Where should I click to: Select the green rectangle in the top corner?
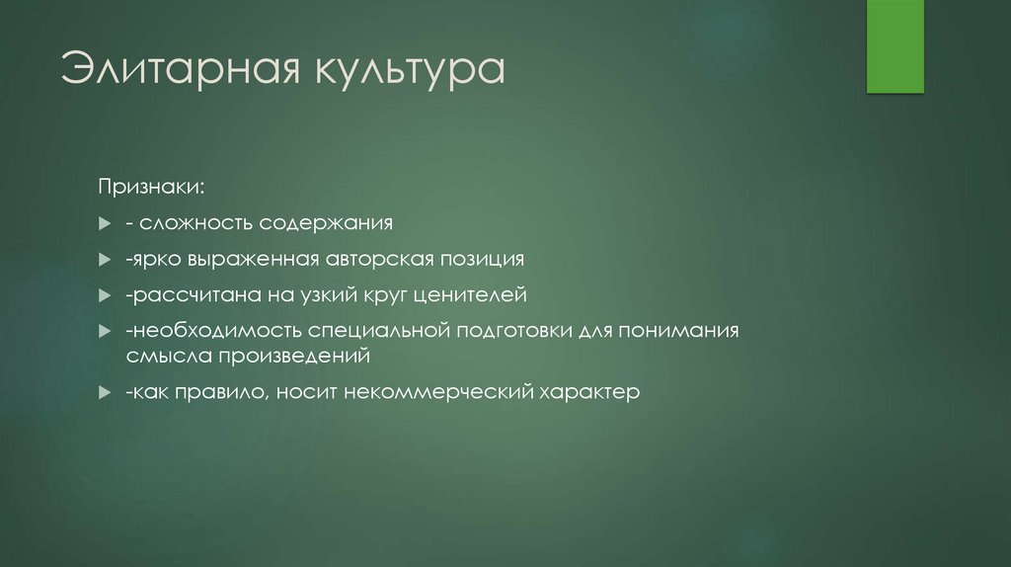coord(894,46)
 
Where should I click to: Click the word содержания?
coord(326,222)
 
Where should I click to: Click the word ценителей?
coord(471,294)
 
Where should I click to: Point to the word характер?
coord(589,391)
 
